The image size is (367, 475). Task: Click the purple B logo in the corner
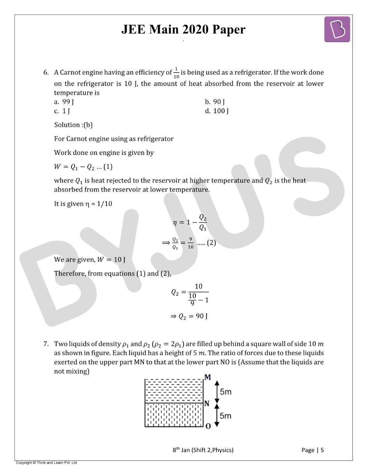pos(337,29)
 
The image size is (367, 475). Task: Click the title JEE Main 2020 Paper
pos(183,30)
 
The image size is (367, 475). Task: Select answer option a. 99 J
pos(64,102)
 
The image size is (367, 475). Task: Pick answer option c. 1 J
pos(62,111)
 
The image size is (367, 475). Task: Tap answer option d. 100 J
pos(217,111)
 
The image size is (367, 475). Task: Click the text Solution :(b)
pos(73,125)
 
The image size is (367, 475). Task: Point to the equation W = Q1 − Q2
pos(83,167)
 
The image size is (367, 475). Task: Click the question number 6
pos(46,73)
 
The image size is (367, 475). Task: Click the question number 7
pos(46,344)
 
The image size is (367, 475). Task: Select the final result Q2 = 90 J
pos(189,316)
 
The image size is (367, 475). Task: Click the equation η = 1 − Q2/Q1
pos(190,222)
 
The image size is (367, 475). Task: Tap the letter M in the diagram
pos(207,377)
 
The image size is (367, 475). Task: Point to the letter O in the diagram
pos(208,426)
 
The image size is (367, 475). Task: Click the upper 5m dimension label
pos(225,391)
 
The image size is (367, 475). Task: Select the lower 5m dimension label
pos(225,416)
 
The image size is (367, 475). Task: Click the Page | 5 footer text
pos(312,450)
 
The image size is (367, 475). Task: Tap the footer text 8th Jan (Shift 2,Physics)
pos(203,450)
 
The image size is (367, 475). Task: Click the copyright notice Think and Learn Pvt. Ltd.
pos(47,463)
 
